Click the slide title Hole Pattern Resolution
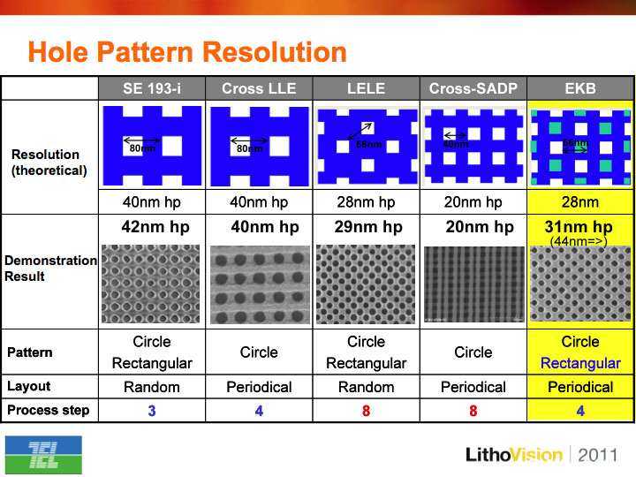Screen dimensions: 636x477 187,52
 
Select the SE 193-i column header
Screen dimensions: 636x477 152,88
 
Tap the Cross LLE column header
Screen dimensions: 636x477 259,88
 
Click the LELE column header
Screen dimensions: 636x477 366,88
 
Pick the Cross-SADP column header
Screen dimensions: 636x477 473,88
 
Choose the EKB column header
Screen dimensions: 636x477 580,88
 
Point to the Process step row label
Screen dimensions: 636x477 49,410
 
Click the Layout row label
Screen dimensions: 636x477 29,386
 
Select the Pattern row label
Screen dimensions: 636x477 30,352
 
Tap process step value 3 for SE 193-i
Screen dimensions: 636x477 152,411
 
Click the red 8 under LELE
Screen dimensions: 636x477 366,411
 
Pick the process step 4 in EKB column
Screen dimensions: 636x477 580,411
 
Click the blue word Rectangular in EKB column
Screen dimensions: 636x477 580,363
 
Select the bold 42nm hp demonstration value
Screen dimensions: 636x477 155,227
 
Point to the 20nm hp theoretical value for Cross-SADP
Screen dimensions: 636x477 473,202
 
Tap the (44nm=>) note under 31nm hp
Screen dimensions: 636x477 579,241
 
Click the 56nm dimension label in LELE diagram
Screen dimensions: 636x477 368,144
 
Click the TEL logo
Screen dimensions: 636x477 43,455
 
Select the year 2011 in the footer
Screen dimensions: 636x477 597,455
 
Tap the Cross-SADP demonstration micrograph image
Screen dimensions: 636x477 473,284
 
